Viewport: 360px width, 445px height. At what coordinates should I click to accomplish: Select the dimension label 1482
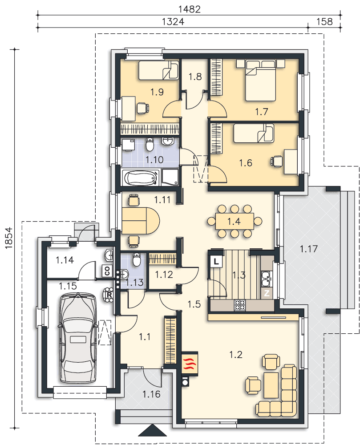pyautogui.click(x=189, y=9)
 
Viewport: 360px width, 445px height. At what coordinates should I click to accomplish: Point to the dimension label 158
pyautogui.click(x=324, y=21)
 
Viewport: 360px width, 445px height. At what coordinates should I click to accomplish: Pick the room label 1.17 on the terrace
pyautogui.click(x=309, y=249)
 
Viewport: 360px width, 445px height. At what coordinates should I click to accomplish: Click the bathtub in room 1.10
pyautogui.click(x=141, y=178)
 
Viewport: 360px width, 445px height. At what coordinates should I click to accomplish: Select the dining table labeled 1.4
pyautogui.click(x=235, y=221)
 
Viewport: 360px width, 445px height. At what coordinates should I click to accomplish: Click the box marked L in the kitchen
pyautogui.click(x=216, y=261)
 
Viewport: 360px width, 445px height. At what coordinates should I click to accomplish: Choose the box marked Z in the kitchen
pyautogui.click(x=267, y=293)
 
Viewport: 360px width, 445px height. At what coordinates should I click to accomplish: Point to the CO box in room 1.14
pyautogui.click(x=107, y=271)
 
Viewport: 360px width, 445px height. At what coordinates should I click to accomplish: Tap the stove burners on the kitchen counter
pyautogui.click(x=239, y=305)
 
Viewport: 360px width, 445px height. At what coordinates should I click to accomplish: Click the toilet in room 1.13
pyautogui.click(x=137, y=259)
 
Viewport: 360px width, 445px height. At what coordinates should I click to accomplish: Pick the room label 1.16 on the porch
pyautogui.click(x=151, y=394)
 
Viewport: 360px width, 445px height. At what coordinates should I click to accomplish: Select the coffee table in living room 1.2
pyautogui.click(x=271, y=385)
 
